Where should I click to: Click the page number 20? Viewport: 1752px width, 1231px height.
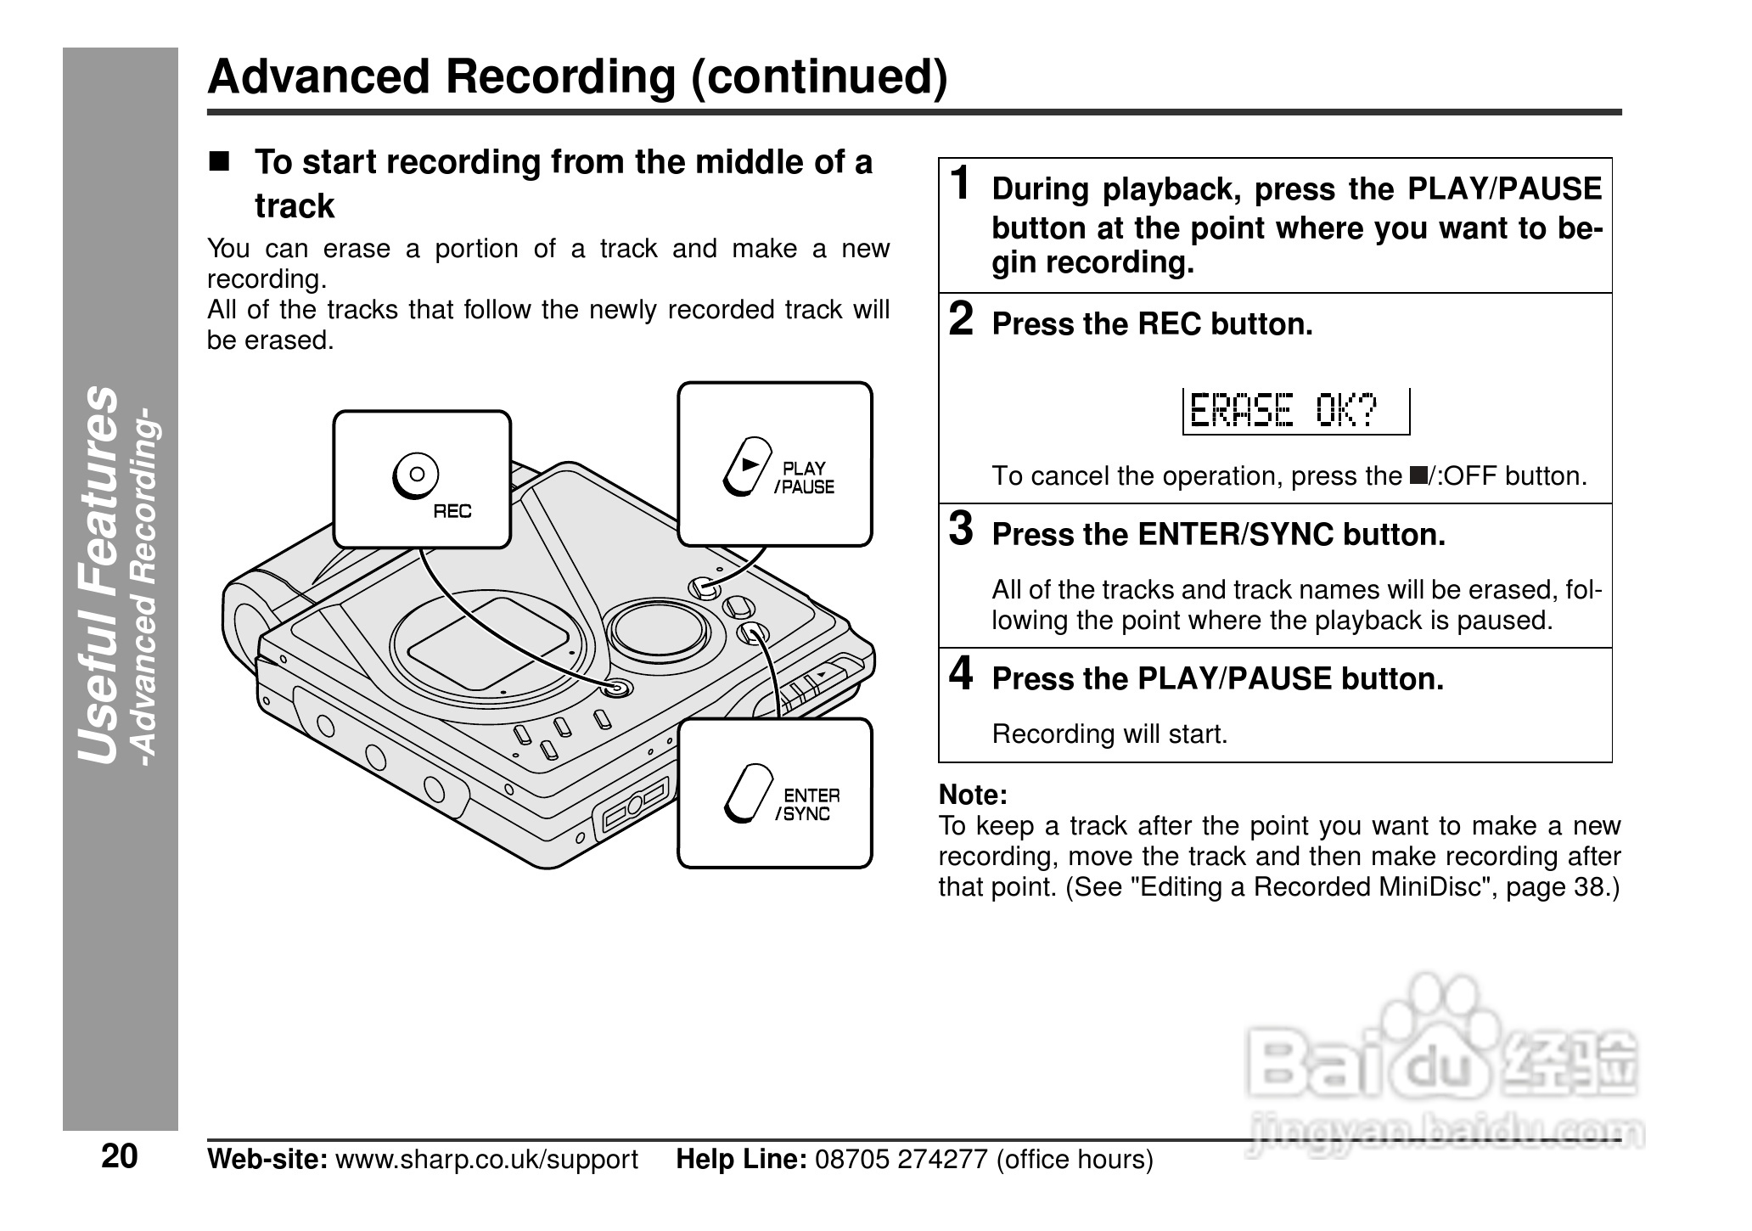click(119, 1157)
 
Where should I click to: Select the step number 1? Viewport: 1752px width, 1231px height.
click(961, 184)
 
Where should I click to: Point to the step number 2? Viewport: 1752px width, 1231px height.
click(961, 320)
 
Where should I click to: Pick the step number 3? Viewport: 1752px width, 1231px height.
click(961, 530)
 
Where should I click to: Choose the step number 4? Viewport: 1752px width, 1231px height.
click(961, 674)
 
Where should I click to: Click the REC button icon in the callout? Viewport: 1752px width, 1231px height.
click(415, 475)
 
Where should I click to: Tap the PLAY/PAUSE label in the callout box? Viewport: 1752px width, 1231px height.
click(803, 478)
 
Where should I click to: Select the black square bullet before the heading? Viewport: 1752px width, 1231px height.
click(220, 161)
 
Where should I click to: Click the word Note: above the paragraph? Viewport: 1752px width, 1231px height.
click(973, 795)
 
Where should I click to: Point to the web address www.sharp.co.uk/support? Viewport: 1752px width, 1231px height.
click(486, 1160)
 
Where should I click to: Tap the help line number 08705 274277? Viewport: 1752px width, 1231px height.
click(901, 1160)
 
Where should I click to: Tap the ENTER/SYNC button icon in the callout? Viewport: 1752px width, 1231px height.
click(748, 795)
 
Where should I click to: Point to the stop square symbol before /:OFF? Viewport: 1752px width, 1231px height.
click(1417, 474)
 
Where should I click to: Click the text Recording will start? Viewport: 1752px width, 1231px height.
click(1109, 734)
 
